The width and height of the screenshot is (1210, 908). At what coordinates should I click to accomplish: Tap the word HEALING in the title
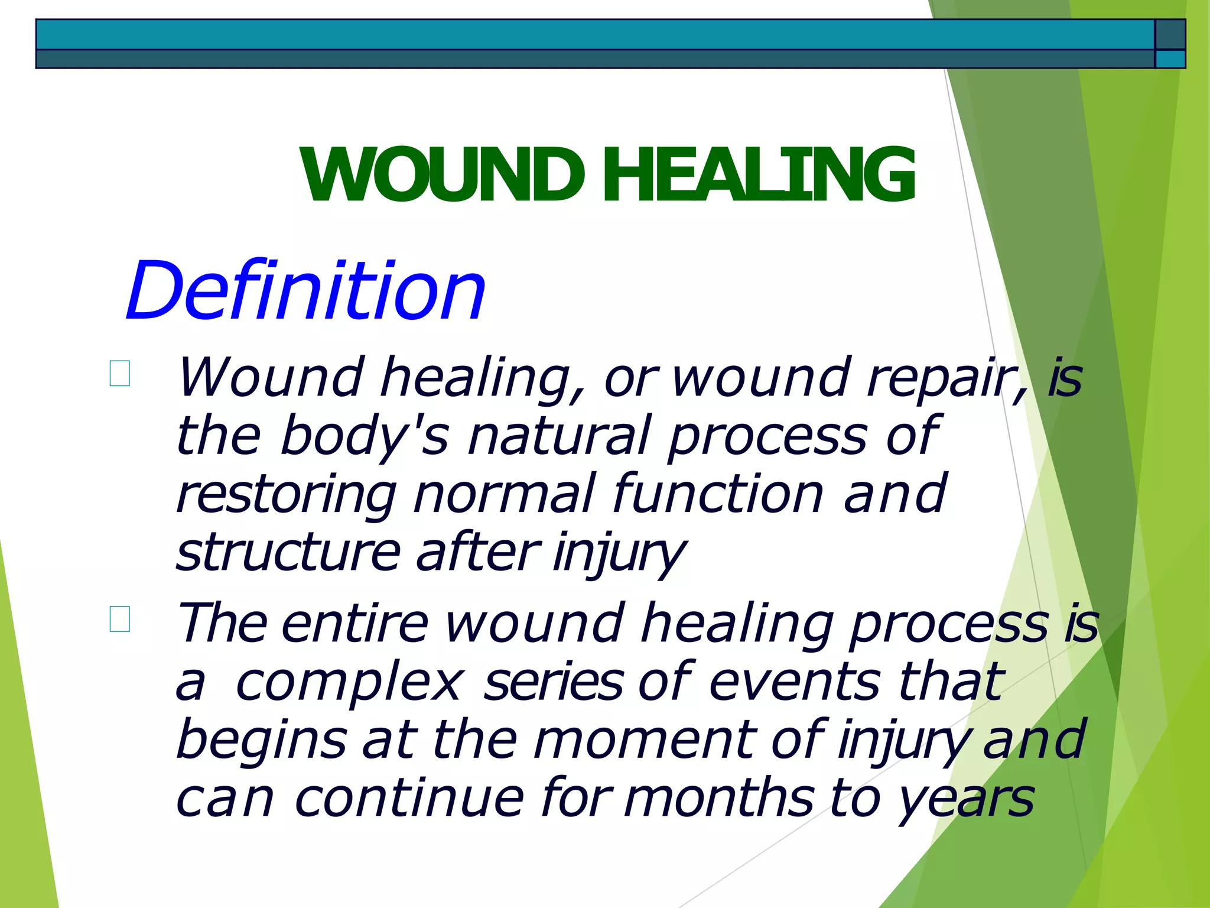(759, 175)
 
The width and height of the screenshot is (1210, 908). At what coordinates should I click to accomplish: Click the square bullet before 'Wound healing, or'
(120, 374)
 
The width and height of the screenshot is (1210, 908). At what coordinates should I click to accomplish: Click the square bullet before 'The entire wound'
(120, 619)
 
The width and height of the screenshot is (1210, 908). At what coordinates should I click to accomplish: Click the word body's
(364, 436)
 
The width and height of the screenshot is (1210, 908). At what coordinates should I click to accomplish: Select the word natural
(559, 436)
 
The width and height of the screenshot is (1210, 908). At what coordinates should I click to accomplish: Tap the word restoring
(287, 495)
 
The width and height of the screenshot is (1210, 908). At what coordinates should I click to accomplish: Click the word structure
(288, 552)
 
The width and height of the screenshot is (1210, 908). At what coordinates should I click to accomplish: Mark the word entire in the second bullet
(354, 623)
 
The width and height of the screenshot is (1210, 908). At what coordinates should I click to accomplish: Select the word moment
(644, 740)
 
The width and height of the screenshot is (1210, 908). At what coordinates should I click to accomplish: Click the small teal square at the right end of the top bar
(1170, 59)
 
